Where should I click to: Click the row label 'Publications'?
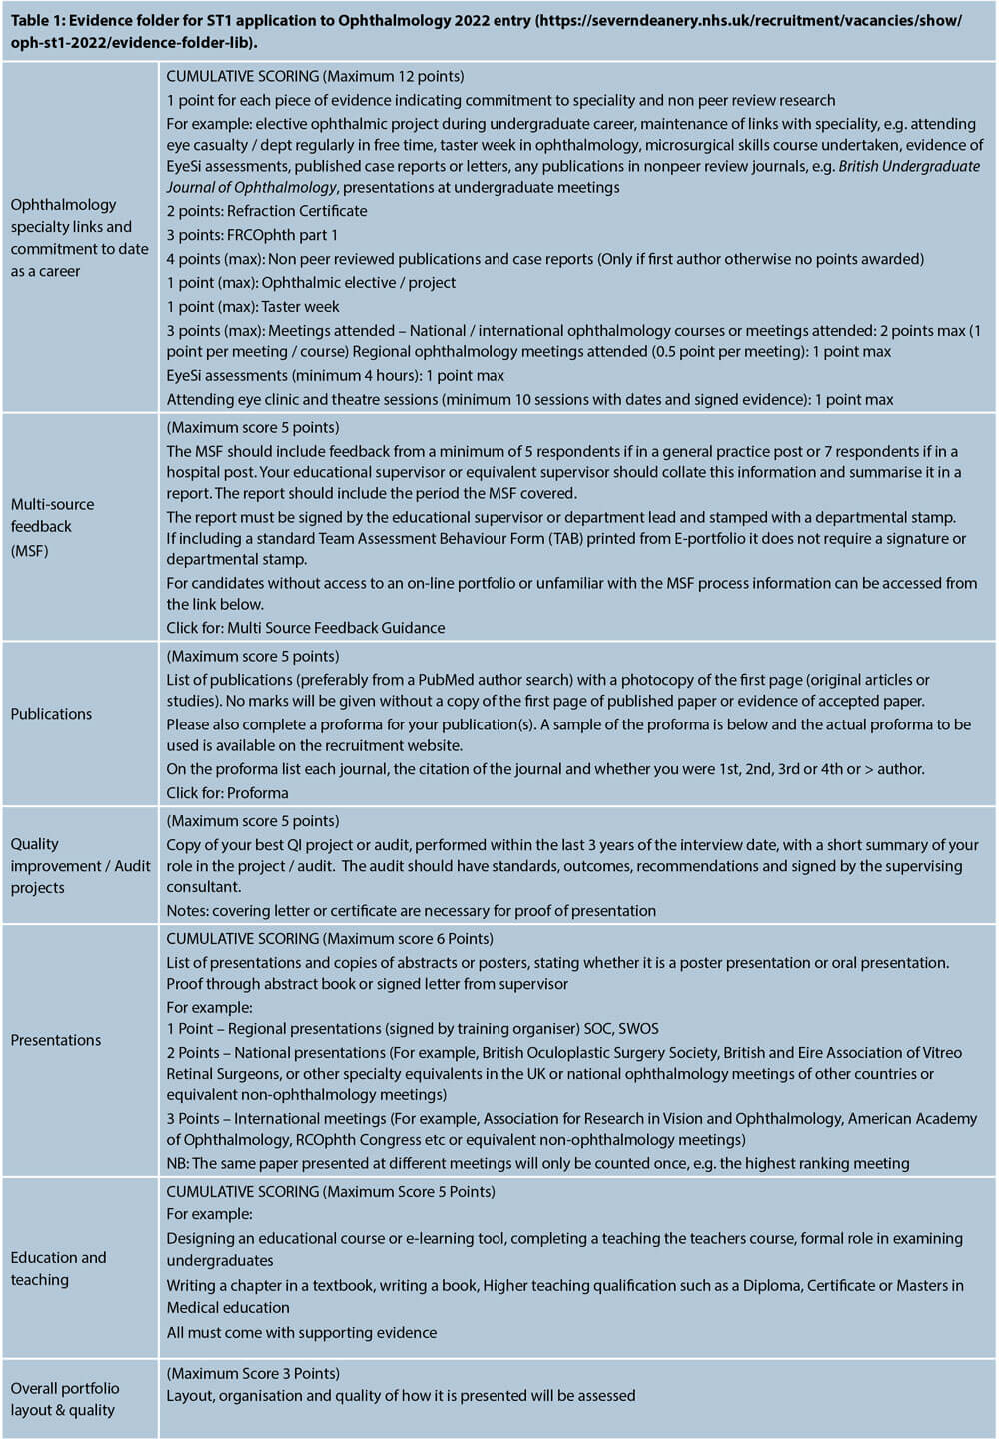pyautogui.click(x=51, y=714)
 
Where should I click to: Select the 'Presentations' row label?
pyautogui.click(x=56, y=1040)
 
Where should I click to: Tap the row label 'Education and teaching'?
pyautogui.click(x=58, y=1268)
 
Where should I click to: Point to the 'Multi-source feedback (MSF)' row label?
pyautogui.click(x=53, y=527)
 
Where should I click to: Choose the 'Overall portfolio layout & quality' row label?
pyautogui.click(x=64, y=1399)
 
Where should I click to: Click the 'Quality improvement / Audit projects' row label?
pyautogui.click(x=80, y=865)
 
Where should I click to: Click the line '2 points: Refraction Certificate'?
pyautogui.click(x=267, y=211)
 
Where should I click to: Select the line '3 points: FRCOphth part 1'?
pyautogui.click(x=252, y=235)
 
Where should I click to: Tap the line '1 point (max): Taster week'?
pyautogui.click(x=253, y=307)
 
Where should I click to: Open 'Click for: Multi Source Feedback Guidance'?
pyautogui.click(x=306, y=628)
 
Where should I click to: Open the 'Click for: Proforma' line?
pyautogui.click(x=227, y=793)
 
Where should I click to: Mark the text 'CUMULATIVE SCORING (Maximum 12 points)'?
pyautogui.click(x=315, y=76)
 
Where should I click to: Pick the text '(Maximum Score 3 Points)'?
pyautogui.click(x=253, y=1373)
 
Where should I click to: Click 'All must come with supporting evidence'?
pyautogui.click(x=301, y=1332)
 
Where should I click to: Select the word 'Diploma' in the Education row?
pyautogui.click(x=771, y=1285)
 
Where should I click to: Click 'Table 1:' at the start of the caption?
pyautogui.click(x=38, y=21)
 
